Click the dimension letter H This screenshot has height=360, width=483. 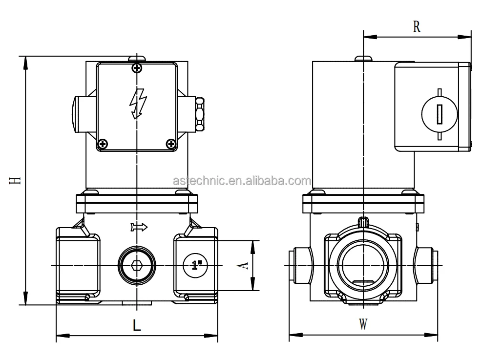[16, 180]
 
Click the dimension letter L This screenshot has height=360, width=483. [137, 325]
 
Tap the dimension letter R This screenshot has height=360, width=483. [417, 26]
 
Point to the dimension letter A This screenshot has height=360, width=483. [245, 265]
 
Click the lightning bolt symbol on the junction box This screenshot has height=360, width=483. [137, 103]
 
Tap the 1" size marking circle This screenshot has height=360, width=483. [196, 266]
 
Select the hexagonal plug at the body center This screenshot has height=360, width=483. [137, 265]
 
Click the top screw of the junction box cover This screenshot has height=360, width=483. [137, 67]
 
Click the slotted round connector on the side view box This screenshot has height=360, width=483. [439, 114]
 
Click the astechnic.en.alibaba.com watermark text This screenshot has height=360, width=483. [241, 181]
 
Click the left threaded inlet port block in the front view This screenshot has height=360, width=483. [78, 265]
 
